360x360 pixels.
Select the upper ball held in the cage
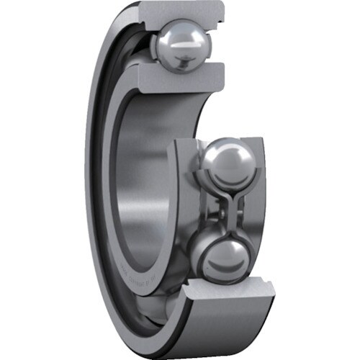[225, 164]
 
